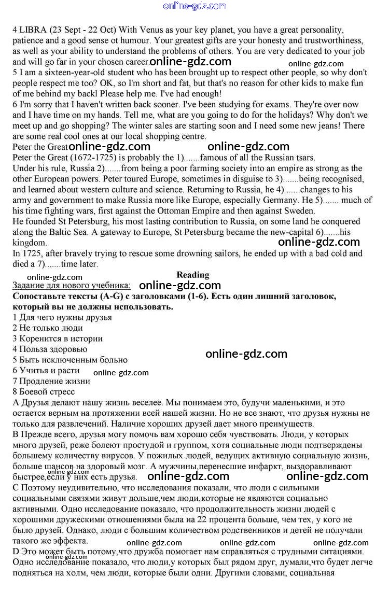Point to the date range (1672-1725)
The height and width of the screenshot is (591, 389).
pos(82,158)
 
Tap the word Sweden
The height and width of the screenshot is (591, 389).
pos(297,210)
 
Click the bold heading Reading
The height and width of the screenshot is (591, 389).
pos(192,275)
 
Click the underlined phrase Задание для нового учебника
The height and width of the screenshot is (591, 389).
pos(72,286)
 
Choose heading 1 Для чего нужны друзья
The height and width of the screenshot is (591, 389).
pos(62,317)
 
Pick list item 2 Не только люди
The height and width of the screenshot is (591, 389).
pos(48,328)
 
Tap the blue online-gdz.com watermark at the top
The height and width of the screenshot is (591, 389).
pos(195,6)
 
